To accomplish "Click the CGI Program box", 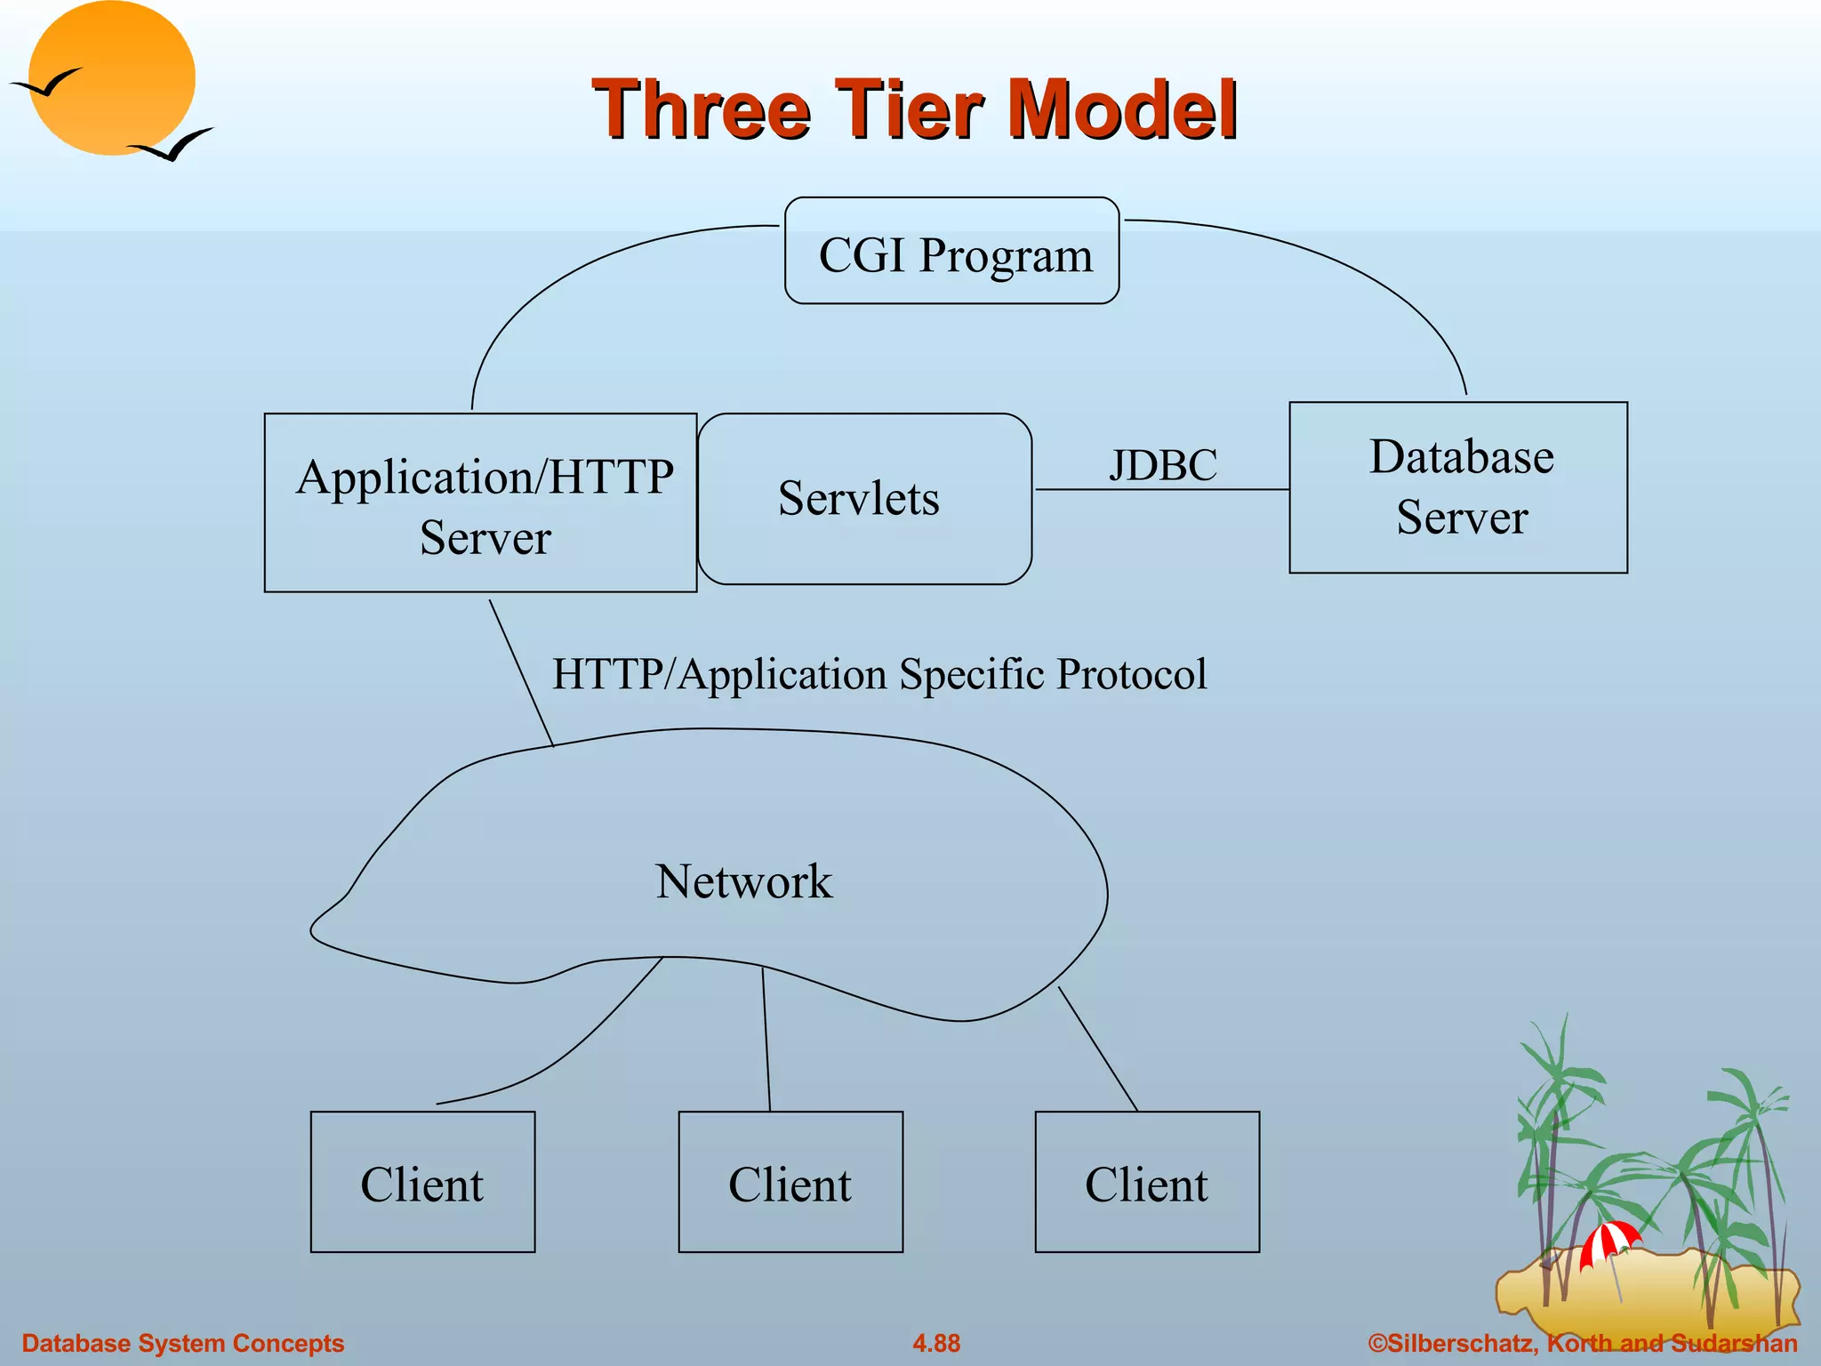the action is pos(951,252).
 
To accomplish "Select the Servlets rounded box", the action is pos(864,499).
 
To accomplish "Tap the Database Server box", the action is pos(1458,487).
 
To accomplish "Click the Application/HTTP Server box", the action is pos(480,503).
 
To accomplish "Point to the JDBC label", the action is pos(1162,465).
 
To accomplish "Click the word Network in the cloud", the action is pos(743,881).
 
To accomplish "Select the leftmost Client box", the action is pos(422,1182).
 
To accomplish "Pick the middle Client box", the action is pos(790,1182).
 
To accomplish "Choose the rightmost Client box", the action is pos(1147,1182).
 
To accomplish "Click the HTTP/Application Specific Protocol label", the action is pos(879,674).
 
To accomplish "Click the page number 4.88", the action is pos(936,1343).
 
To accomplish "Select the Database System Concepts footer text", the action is pos(183,1343).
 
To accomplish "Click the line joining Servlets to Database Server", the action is pos(1161,489).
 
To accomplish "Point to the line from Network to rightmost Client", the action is pos(1098,1049).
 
